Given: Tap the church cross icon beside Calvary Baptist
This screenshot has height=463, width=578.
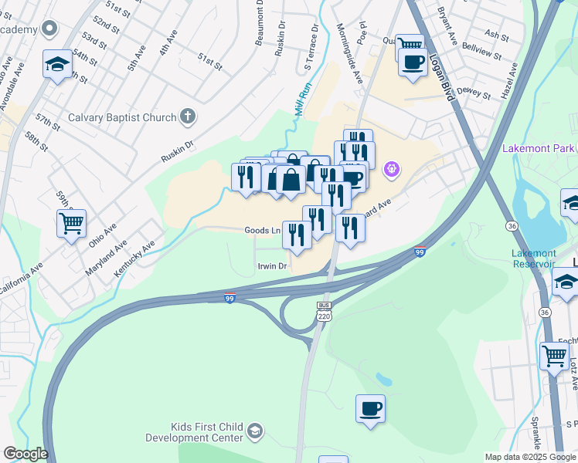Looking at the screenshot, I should [187, 117].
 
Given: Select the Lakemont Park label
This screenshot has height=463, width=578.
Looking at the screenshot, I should [539, 147].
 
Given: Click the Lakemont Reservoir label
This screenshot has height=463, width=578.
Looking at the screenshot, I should [533, 259].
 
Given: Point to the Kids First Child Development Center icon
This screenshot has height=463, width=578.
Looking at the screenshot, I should [256, 431].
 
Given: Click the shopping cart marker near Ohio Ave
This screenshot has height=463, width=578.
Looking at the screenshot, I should [71, 224].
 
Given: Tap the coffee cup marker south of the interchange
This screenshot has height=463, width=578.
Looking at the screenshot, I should [370, 407].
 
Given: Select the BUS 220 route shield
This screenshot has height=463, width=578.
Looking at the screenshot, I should [324, 310].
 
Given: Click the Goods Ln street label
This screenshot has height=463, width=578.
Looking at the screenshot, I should [262, 230].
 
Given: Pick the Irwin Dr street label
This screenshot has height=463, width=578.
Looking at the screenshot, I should [272, 266].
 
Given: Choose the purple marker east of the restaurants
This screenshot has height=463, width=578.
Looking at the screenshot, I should [392, 167].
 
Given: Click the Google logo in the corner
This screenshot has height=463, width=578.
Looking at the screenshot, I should [25, 454].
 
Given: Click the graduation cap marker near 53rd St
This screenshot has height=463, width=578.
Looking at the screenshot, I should [57, 65].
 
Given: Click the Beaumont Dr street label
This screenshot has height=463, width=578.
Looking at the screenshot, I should [260, 23].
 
